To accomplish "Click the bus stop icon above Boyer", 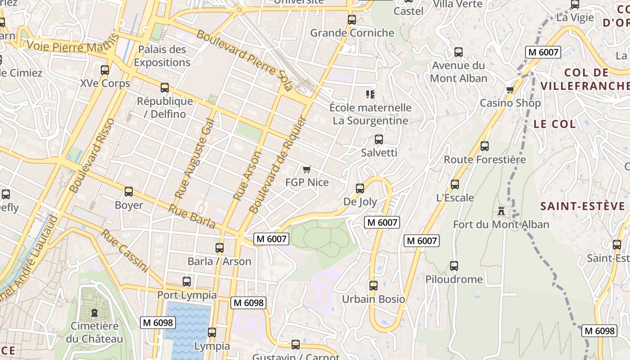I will (129, 192).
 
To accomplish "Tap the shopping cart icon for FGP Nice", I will (307, 169).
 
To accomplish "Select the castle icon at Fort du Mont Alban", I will (501, 211).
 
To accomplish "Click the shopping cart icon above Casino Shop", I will (510, 90).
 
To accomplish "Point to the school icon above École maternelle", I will (370, 94).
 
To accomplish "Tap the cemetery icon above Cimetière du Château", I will (94, 312).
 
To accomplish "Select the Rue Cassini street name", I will (124, 251).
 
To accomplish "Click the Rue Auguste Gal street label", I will (194, 159).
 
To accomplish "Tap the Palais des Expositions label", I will (162, 56).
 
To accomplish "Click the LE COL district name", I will (554, 124).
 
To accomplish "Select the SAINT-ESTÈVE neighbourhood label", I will (583, 206).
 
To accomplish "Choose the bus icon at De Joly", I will (360, 189).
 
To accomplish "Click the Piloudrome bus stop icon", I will (454, 266).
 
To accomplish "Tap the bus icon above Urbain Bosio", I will (373, 286).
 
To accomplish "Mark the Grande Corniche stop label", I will (352, 33).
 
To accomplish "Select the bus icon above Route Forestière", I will (485, 146).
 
